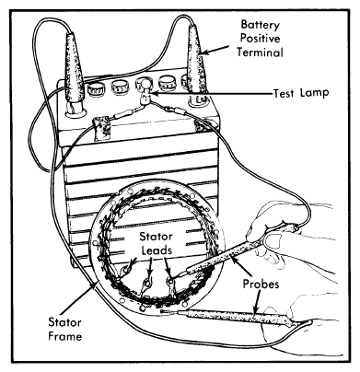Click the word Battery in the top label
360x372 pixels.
click(261, 25)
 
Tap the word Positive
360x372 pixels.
click(260, 39)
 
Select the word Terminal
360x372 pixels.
click(260, 52)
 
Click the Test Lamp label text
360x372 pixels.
click(301, 92)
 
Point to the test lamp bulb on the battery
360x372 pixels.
click(145, 90)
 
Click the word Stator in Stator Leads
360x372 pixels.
click(156, 237)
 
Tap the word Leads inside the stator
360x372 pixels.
click(157, 250)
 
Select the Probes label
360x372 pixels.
click(261, 284)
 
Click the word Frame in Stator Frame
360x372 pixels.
click(65, 336)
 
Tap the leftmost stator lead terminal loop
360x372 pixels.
click(125, 270)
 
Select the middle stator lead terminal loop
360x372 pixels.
click(147, 283)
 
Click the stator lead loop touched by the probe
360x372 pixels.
click(169, 280)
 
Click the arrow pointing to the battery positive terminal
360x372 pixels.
click(215, 50)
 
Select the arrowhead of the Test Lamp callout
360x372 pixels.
click(155, 93)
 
